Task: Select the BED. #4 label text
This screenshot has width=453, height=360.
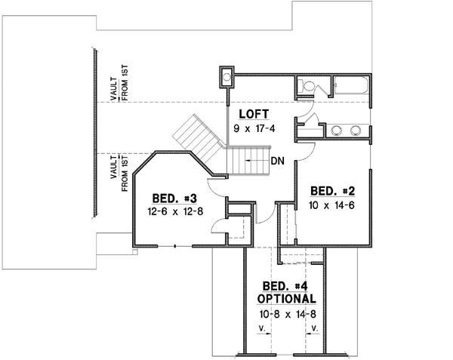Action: (x=285, y=286)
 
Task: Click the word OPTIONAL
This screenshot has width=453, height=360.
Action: (x=285, y=298)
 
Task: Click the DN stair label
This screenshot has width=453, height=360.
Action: (x=277, y=160)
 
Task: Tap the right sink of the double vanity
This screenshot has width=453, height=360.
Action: (x=356, y=131)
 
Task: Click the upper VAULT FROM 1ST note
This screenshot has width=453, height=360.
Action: (x=117, y=82)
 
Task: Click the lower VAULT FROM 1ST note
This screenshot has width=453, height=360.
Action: (x=117, y=174)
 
